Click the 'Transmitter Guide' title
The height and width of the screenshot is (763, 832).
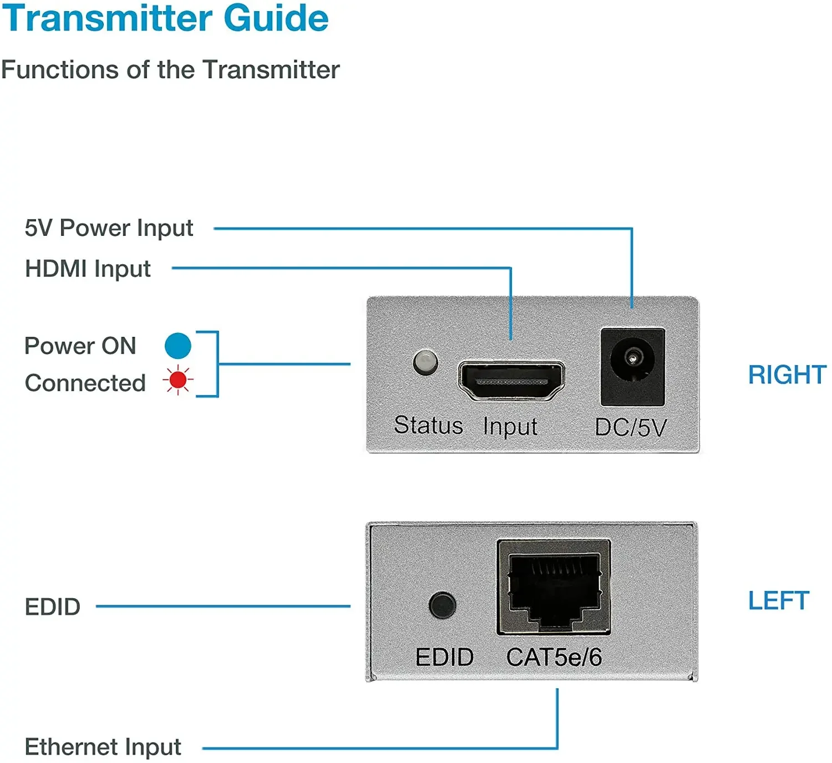point(165,19)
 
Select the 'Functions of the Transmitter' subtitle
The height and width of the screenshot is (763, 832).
point(170,70)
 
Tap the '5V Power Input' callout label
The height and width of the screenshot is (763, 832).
point(109,228)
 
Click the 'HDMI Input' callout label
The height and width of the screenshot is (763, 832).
point(88,269)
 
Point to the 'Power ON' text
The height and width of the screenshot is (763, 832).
point(80,346)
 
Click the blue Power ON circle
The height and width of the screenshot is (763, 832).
point(178,346)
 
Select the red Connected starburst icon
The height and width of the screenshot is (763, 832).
point(178,381)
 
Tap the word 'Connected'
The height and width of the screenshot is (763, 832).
point(85,383)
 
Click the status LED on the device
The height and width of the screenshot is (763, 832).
point(425,362)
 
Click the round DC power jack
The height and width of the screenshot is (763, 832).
point(632,359)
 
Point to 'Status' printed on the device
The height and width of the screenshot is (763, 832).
point(428,426)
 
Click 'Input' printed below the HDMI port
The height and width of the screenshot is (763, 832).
point(510,427)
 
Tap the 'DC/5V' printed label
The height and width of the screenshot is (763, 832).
point(630,427)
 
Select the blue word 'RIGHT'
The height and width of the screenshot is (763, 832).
point(787,375)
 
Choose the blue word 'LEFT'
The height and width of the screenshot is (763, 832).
point(778,601)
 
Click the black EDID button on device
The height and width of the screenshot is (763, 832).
point(442,605)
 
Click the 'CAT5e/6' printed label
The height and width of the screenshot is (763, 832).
point(554,658)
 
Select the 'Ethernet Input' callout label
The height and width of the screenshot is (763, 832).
point(103,747)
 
